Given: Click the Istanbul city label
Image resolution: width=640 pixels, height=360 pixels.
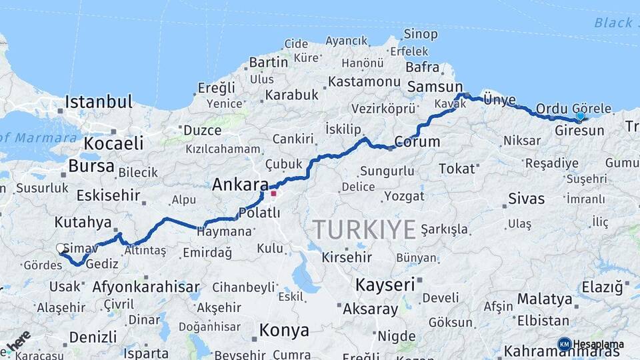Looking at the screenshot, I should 99,102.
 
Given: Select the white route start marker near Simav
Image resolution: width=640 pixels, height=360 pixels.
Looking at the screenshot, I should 61,248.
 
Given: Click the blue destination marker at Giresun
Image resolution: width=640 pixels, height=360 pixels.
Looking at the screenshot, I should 580,116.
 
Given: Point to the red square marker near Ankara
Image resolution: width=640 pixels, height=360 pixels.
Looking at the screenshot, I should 273,193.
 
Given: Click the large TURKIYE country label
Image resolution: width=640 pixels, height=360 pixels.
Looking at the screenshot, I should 365,230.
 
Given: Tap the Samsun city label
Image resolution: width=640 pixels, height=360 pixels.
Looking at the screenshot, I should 435,87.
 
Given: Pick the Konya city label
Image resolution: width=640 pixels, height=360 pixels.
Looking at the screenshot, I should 284,330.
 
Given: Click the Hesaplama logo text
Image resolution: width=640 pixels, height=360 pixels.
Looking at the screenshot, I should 598,344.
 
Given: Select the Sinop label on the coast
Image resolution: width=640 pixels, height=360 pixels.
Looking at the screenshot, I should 421,34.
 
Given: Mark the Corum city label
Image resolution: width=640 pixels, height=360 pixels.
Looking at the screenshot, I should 417,141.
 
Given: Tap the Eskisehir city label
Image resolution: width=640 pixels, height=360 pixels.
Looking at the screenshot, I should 108,195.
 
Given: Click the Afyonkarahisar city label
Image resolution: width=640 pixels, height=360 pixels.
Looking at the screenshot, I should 146,288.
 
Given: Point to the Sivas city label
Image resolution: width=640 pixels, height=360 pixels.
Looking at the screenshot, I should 526,198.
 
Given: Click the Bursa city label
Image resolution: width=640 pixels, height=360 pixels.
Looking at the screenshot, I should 91,166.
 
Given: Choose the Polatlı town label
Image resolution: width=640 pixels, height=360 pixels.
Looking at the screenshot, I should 259,213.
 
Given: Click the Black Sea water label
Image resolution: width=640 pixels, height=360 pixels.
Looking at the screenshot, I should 613,23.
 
